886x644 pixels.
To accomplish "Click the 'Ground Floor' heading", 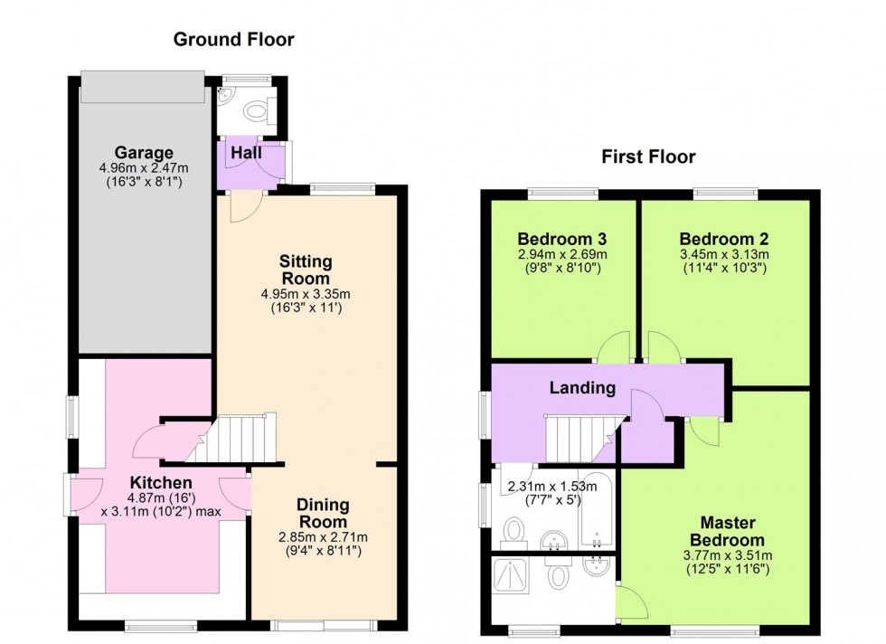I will [x=234, y=39].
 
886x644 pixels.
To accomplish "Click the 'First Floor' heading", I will [x=649, y=157].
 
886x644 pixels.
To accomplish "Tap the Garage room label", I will [x=144, y=152].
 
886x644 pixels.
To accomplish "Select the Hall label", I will [x=246, y=154].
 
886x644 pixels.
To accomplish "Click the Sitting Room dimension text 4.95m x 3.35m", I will [x=306, y=294].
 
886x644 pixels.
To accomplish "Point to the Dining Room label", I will [x=324, y=514].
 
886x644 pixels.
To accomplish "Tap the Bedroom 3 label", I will [x=561, y=240].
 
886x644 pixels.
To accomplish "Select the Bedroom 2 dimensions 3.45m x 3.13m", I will [x=724, y=254].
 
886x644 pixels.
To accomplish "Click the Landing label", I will [x=583, y=388].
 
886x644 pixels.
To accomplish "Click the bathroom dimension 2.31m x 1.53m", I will [x=551, y=487].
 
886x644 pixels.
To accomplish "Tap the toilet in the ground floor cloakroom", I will [x=260, y=112].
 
